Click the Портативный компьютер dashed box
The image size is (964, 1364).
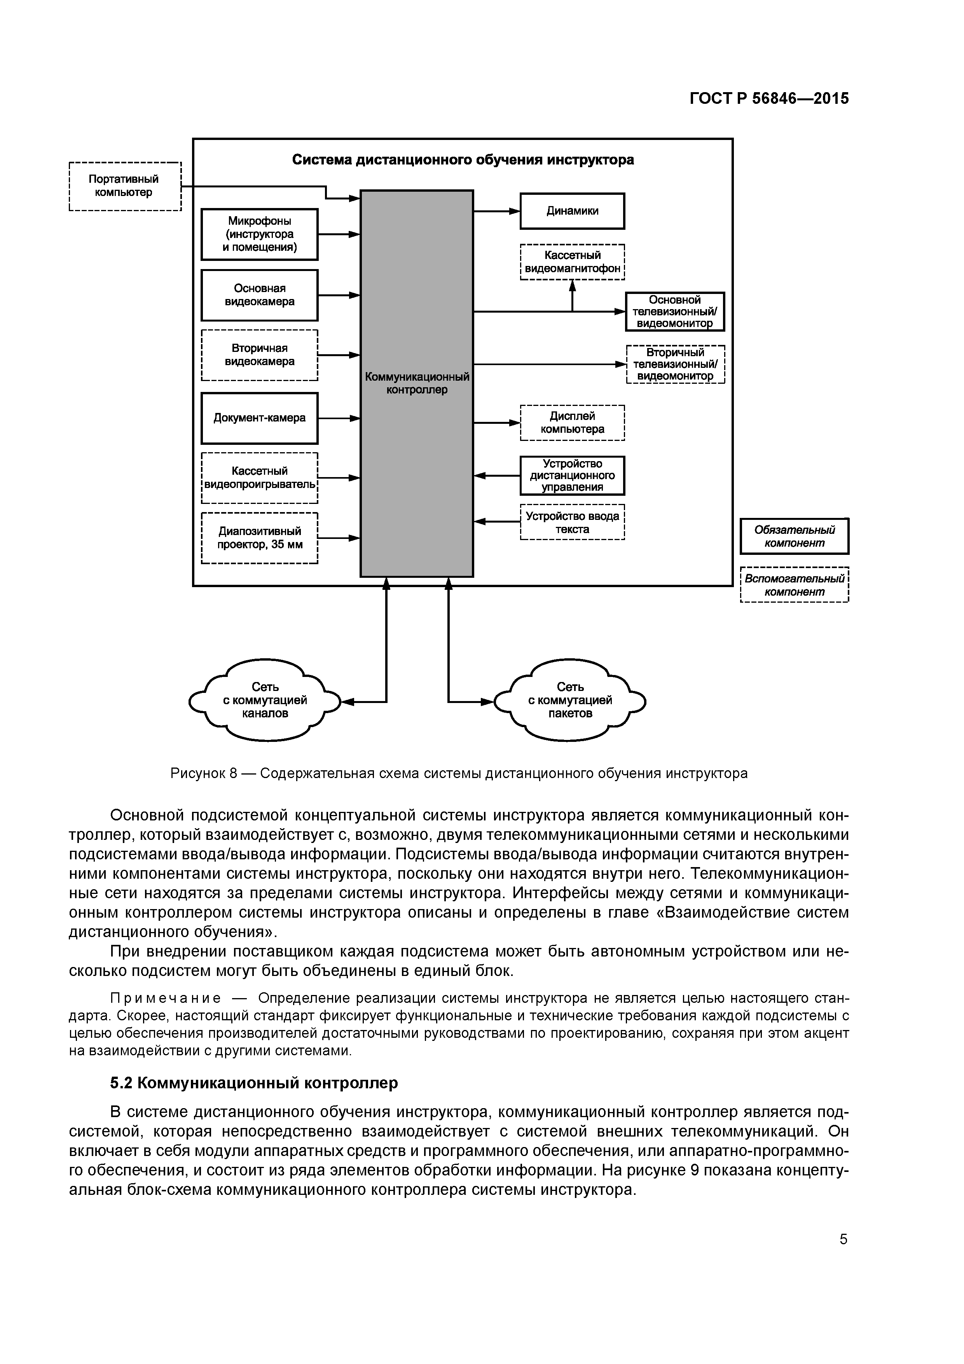click(x=125, y=187)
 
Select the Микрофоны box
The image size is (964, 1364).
click(x=260, y=234)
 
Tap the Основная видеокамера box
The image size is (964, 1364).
click(x=260, y=295)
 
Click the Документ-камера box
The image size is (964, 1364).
click(x=260, y=418)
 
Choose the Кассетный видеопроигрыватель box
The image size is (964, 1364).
click(x=260, y=477)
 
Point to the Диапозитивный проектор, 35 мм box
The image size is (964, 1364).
click(x=260, y=538)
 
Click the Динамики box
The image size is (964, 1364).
click(x=572, y=211)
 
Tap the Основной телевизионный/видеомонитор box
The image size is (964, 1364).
click(x=675, y=312)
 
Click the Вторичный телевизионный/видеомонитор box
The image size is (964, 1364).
click(x=675, y=364)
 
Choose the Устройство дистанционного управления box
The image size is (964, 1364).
click(x=572, y=475)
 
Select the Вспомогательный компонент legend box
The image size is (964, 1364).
click(x=794, y=585)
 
